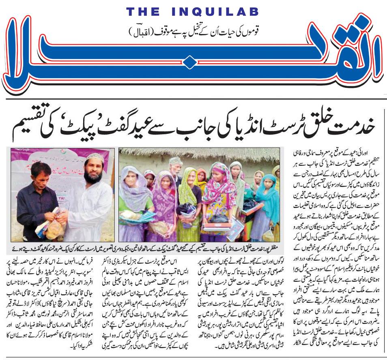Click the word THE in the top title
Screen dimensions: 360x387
point(144,12)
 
